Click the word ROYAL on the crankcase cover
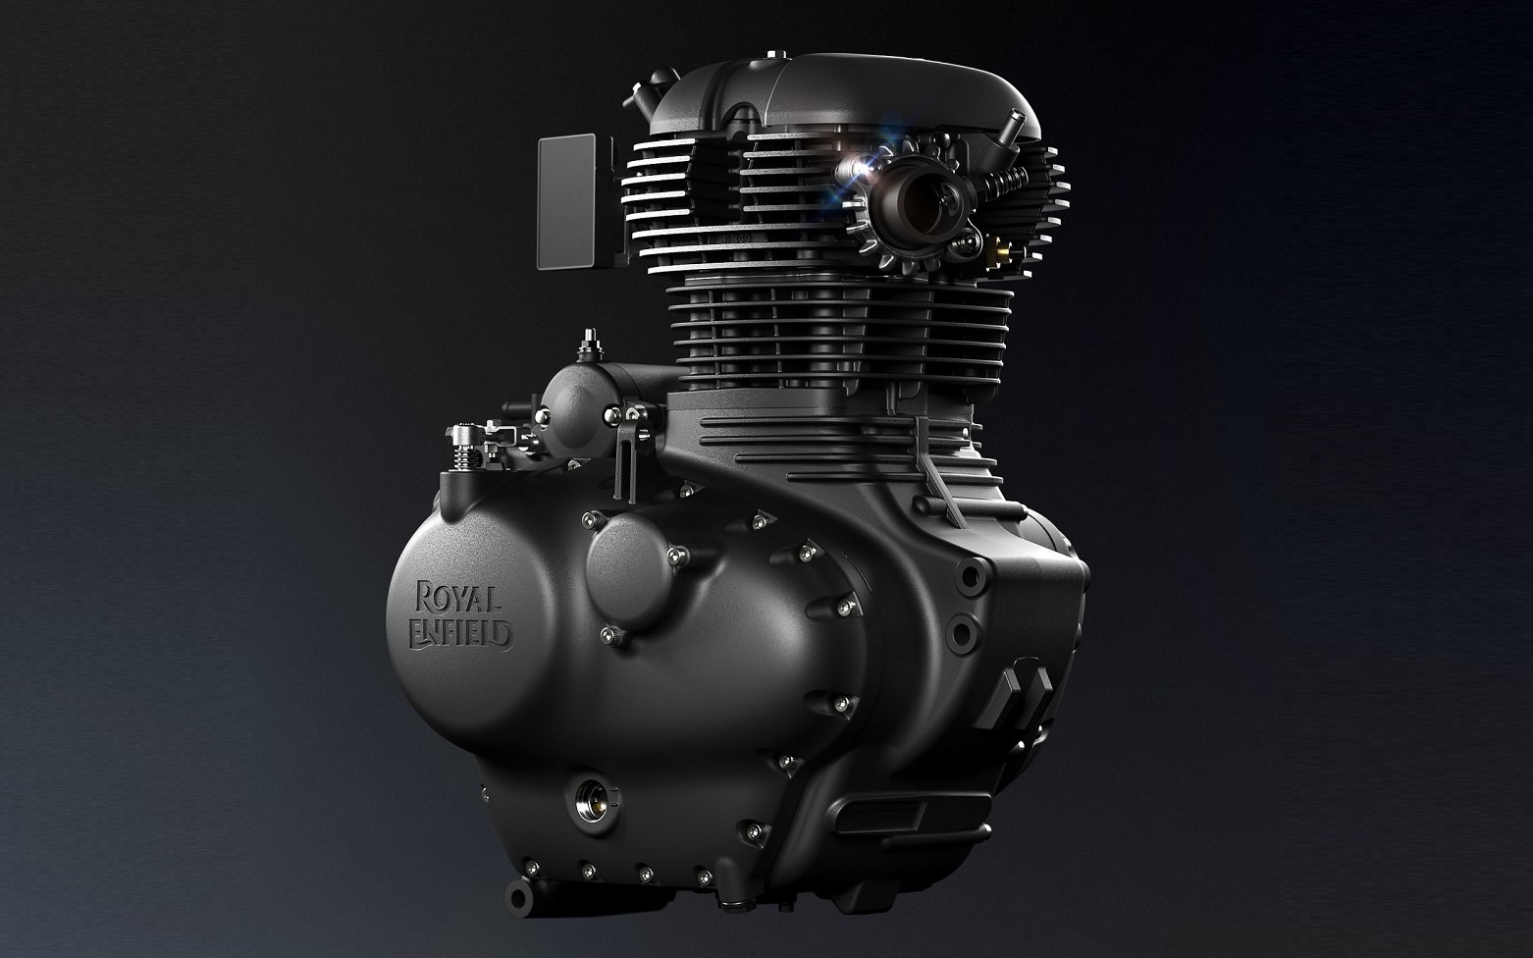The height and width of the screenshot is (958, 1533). (x=458, y=598)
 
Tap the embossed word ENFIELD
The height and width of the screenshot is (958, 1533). (x=460, y=633)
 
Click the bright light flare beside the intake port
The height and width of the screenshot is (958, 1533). (x=865, y=165)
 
